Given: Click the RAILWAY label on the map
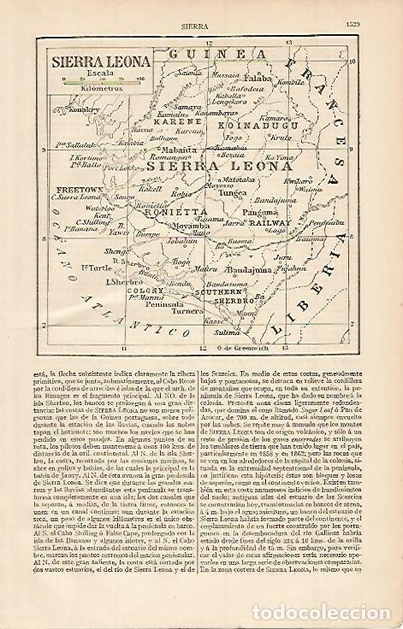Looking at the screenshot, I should [x=273, y=221].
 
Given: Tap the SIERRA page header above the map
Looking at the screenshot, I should [x=201, y=11].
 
